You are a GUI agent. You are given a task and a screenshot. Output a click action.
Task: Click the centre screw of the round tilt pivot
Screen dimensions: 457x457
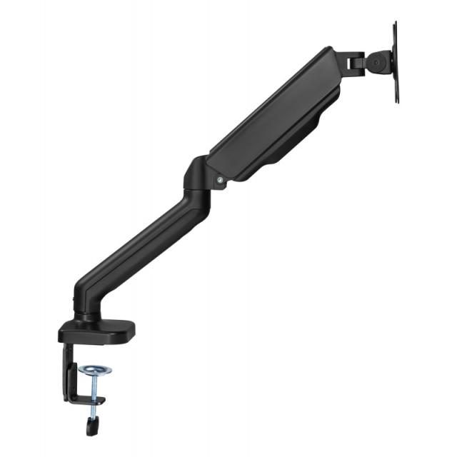coord(375,61)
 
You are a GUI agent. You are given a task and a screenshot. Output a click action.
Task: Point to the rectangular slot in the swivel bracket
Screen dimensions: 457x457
coord(353,63)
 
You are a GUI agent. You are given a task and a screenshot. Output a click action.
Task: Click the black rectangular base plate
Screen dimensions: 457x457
coord(96,331)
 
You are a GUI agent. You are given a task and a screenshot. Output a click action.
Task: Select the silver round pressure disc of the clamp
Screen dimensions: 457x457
coord(95,370)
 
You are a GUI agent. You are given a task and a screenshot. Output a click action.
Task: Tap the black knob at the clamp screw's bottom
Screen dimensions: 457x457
coord(91,426)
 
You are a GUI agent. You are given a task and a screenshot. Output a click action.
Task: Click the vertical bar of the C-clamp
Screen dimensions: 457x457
coord(69,375)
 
